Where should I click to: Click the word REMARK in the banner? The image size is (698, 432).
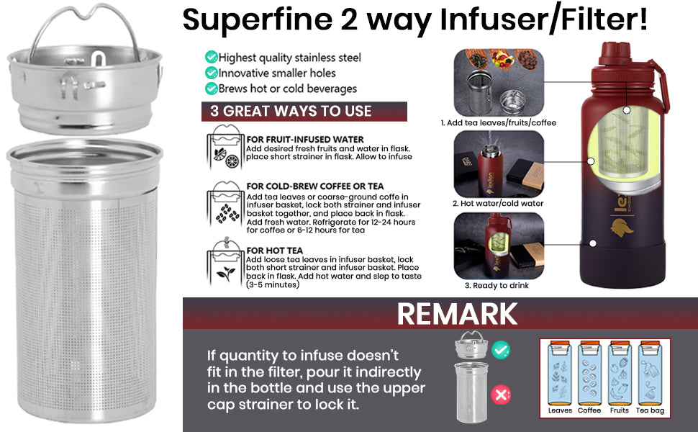457,314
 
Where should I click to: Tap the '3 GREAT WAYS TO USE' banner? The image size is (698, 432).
304,112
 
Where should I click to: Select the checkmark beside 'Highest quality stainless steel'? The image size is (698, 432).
211,57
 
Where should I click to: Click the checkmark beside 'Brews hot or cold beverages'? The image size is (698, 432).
211,88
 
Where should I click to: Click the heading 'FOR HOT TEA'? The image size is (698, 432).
275,251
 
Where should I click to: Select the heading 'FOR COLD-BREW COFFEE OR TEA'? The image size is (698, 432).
315,186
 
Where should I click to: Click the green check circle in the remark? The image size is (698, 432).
501,350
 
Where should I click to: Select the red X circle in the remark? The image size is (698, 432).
501,395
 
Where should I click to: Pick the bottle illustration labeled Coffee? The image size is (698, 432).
589,373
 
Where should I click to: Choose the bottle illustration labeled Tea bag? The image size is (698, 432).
650,373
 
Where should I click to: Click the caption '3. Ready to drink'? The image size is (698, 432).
497,285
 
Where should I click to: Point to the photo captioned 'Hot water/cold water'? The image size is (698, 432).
499,164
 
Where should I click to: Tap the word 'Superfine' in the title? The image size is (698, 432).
258,20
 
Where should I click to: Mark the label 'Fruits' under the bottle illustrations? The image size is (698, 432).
620,410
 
